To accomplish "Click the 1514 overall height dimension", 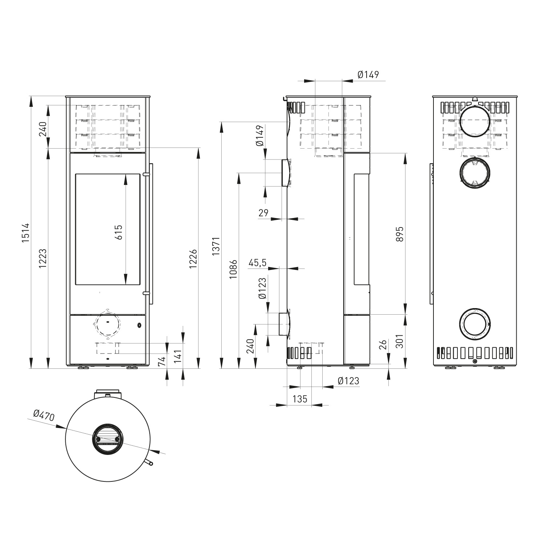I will click(x=25, y=232).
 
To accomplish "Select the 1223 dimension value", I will click(x=43, y=258).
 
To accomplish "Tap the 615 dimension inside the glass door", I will click(x=119, y=232).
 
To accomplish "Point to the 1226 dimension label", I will click(x=193, y=259).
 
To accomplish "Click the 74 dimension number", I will click(x=162, y=361).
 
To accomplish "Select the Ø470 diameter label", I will click(x=44, y=415).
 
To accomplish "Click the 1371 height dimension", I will click(x=216, y=246).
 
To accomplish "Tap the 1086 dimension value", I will click(x=233, y=269).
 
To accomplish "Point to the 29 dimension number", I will click(x=263, y=213).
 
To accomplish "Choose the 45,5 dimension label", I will click(x=258, y=262).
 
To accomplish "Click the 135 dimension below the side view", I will click(x=299, y=399).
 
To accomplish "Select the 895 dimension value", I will click(x=400, y=234).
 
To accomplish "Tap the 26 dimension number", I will click(x=383, y=345).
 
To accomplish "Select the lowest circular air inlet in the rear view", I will click(x=475, y=324).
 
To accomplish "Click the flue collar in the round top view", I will click(x=108, y=439).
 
